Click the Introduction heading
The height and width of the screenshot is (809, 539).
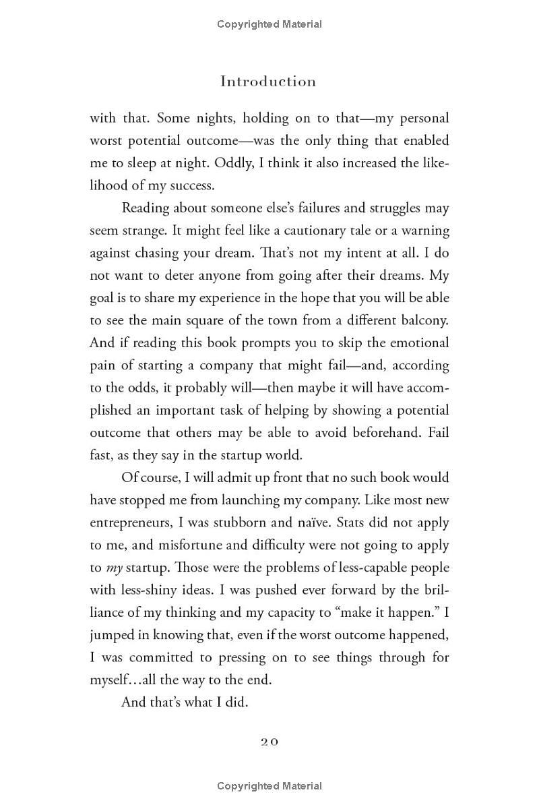268,82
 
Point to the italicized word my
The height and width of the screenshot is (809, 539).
115,568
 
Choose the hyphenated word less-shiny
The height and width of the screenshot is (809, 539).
147,590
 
